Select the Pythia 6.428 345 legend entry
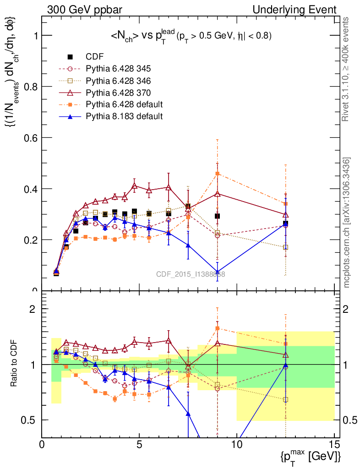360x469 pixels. pyautogui.click(x=118, y=69)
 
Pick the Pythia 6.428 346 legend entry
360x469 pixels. pyautogui.click(x=118, y=81)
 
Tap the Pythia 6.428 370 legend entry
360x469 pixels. pyautogui.click(x=118, y=93)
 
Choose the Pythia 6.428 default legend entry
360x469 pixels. pyautogui.click(x=124, y=104)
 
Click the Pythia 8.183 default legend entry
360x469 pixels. pyautogui.click(x=124, y=116)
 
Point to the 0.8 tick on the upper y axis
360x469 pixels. pyautogui.click(x=33, y=87)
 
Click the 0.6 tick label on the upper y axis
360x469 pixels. pyautogui.click(x=33, y=138)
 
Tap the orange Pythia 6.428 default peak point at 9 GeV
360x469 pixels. pyautogui.click(x=218, y=174)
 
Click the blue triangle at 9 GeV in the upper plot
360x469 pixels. pyautogui.click(x=218, y=272)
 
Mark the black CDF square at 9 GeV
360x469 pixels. pyautogui.click(x=218, y=216)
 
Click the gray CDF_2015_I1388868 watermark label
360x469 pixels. pyautogui.click(x=191, y=274)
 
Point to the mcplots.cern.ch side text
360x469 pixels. pyautogui.click(x=347, y=223)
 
